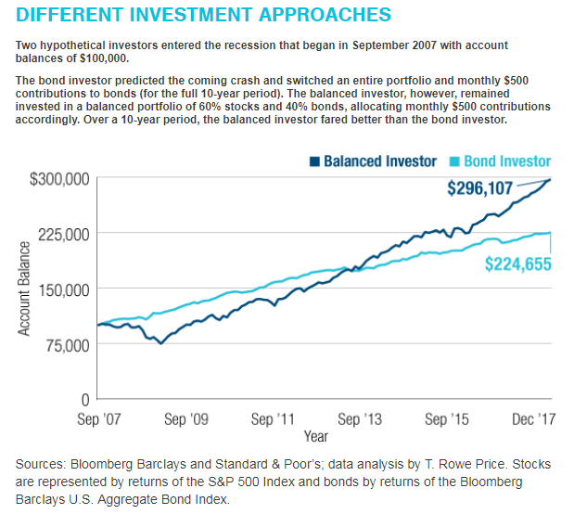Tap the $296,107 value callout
[x=479, y=188]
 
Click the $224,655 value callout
[x=518, y=264]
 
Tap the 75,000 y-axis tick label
[x=61, y=344]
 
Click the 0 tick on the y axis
[x=84, y=400]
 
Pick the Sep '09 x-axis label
[x=185, y=419]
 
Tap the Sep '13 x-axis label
[x=360, y=419]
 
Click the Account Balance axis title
[x=24, y=289]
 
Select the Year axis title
[x=315, y=435]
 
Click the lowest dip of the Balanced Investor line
[x=161, y=343]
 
